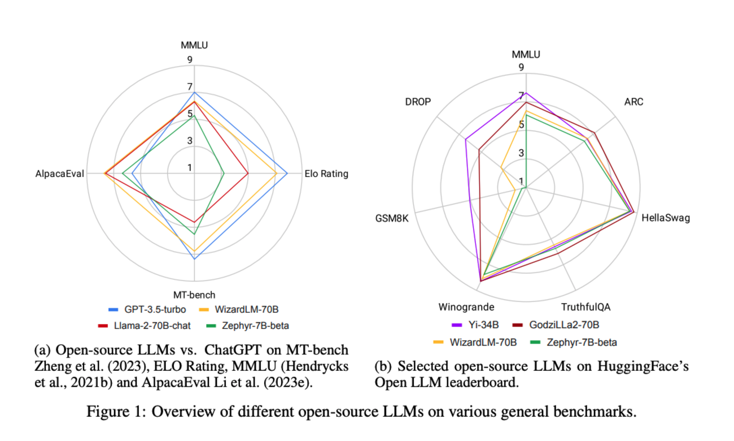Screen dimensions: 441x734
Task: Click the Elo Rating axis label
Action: coord(326,174)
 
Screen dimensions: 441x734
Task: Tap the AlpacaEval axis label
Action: coord(59,174)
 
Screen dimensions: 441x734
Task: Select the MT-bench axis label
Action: coord(194,295)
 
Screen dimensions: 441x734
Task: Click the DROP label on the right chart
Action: coord(418,102)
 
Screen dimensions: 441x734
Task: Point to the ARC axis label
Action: coord(633,102)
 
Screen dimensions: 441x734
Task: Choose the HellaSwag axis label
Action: coord(666,218)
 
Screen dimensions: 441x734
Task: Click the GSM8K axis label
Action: coord(391,218)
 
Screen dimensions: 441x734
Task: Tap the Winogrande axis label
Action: coord(466,307)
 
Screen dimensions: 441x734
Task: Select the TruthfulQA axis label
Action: coord(586,307)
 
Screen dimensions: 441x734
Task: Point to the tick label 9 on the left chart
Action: coord(190,59)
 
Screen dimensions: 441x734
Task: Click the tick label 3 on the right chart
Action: coord(521,153)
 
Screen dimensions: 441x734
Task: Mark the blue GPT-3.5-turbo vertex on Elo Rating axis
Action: coord(287,174)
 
